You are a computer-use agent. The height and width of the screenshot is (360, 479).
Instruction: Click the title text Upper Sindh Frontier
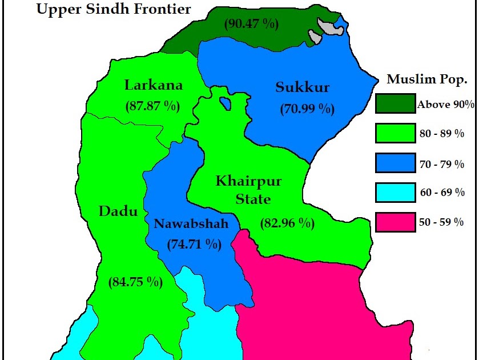[x=113, y=9]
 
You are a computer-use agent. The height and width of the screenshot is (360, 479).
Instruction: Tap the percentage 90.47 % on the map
[x=251, y=24]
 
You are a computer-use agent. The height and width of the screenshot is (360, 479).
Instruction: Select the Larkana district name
[x=154, y=86]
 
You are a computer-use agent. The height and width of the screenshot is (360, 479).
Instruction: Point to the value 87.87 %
[x=152, y=106]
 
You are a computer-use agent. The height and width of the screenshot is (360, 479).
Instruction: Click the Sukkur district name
[x=303, y=87]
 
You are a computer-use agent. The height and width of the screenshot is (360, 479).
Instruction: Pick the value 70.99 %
[x=307, y=109]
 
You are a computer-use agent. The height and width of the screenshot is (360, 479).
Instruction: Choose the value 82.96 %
[x=287, y=223]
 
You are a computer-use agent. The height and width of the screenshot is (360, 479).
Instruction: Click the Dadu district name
[x=118, y=211]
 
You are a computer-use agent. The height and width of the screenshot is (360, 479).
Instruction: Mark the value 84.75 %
[x=135, y=282]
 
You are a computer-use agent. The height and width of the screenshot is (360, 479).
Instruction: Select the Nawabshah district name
[x=191, y=224]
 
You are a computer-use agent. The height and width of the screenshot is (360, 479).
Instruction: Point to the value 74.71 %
[x=194, y=245]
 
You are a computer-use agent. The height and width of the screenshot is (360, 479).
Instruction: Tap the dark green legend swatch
[x=395, y=103]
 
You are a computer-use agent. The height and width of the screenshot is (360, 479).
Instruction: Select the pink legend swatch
[x=395, y=222]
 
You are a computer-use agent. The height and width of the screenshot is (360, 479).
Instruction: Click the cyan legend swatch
[x=395, y=192]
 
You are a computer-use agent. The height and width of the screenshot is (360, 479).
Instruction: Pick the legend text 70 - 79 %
[x=442, y=165]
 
